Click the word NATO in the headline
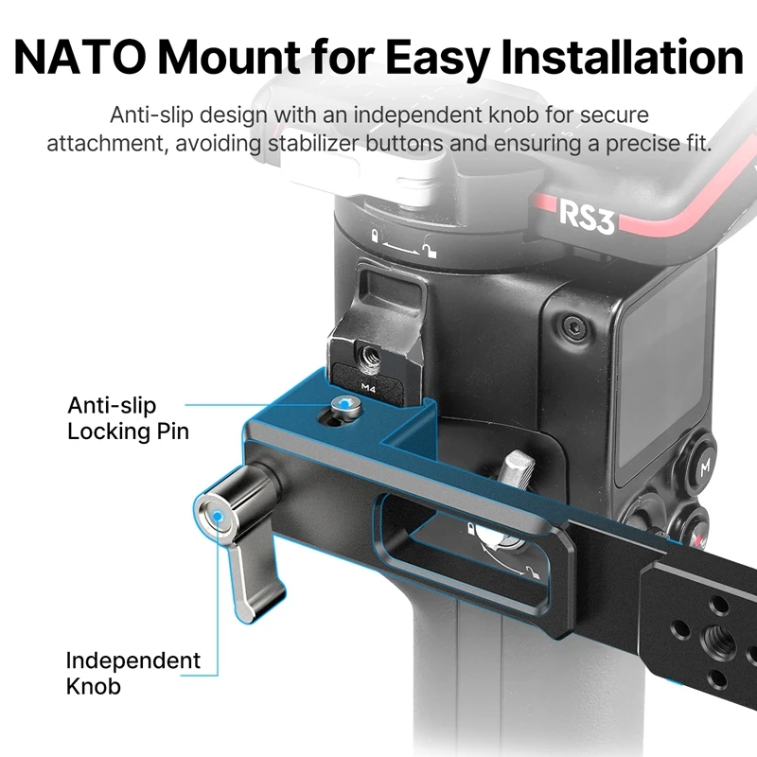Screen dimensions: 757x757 (79, 57)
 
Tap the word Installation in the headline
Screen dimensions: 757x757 (622, 57)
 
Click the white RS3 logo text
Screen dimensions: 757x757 (587, 218)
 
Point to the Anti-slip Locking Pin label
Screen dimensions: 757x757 (128, 418)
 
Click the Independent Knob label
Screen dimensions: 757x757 (132, 673)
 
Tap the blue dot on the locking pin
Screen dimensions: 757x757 (343, 403)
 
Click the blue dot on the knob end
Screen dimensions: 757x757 (218, 517)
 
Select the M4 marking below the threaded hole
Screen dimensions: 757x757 (368, 387)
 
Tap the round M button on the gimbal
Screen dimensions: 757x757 (705, 466)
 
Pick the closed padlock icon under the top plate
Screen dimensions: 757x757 (374, 236)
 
